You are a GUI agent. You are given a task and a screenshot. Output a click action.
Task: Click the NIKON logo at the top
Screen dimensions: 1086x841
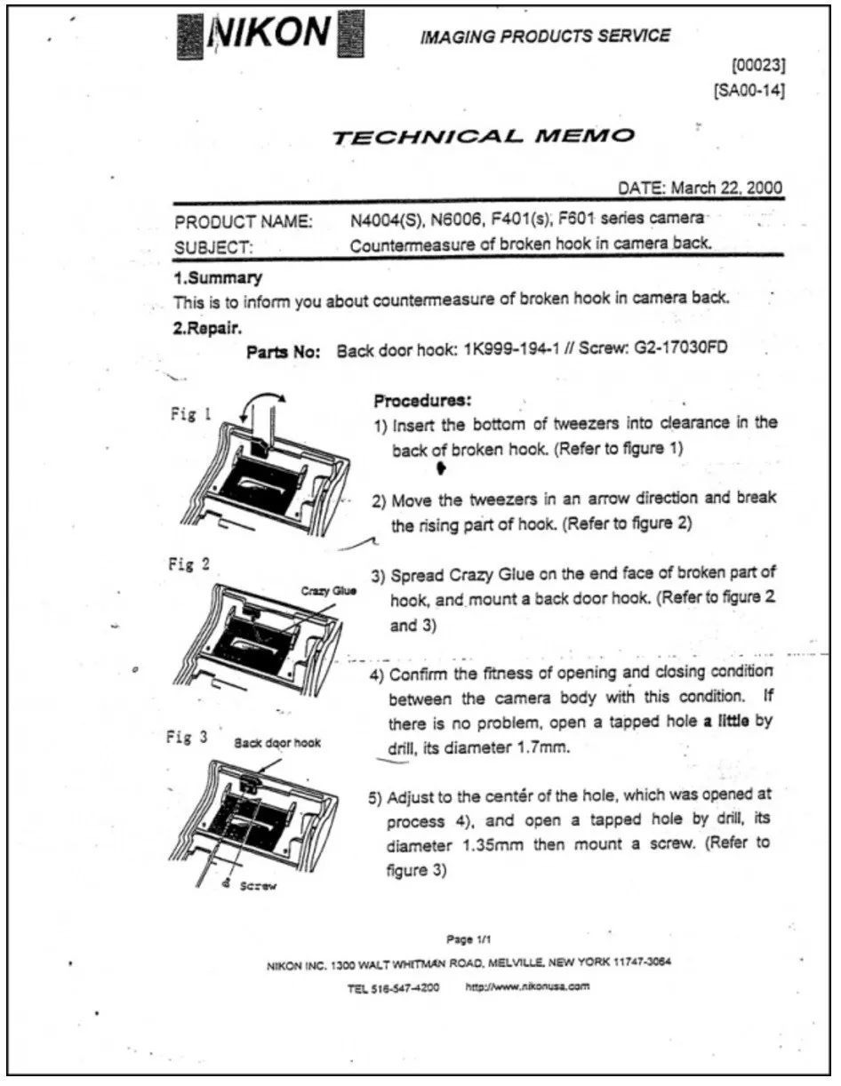tap(271, 34)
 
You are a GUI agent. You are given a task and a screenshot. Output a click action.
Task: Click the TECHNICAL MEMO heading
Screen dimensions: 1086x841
tap(483, 136)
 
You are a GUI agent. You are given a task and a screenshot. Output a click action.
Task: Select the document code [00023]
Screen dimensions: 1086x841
tap(756, 65)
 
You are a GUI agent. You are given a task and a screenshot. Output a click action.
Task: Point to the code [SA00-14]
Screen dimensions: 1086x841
tap(749, 90)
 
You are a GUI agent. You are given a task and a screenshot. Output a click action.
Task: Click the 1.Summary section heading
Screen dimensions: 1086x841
tap(217, 278)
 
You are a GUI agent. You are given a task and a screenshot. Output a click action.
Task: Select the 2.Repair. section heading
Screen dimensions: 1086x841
tap(210, 326)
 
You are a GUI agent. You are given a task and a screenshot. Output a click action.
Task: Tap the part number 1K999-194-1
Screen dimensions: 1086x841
tap(509, 350)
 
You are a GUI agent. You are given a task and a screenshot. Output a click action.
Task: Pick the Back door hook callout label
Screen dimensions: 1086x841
tap(277, 742)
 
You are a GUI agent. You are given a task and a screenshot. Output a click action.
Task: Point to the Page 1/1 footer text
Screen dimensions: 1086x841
tap(470, 938)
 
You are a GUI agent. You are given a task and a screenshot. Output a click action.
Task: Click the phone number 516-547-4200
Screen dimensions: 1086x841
tap(405, 986)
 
